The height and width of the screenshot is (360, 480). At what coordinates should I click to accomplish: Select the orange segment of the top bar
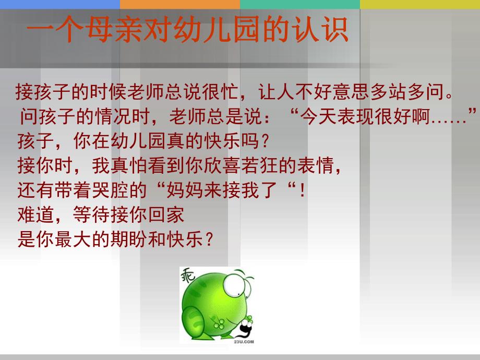[179, 4]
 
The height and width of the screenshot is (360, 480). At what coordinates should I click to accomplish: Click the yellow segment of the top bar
[419, 4]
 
